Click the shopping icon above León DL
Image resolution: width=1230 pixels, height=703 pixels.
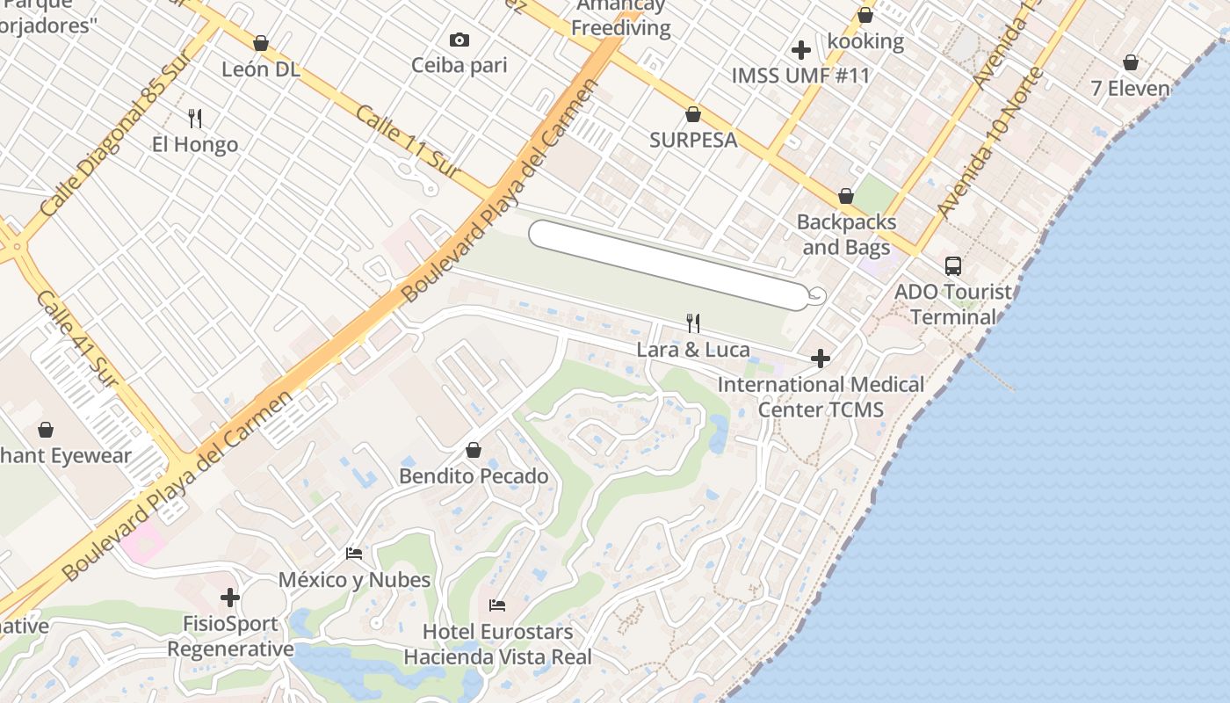260,43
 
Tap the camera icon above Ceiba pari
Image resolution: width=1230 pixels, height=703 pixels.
459,40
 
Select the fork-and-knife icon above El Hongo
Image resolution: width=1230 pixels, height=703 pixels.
195,118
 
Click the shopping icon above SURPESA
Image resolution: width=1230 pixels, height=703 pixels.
693,114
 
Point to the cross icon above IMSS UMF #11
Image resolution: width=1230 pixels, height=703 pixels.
800,50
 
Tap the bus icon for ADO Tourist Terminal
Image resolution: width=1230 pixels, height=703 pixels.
953,265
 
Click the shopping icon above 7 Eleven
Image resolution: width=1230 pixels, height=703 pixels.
1131,63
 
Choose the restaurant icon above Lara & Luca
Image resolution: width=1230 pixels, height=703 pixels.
693,323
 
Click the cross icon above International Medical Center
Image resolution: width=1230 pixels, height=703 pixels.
821,359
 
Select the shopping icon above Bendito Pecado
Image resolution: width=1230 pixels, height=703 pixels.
474,450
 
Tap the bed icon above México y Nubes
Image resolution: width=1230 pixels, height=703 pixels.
354,554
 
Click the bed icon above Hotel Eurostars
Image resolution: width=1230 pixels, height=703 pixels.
497,605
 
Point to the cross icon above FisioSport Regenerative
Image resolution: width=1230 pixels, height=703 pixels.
230,598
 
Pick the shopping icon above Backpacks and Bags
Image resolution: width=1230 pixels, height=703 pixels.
846,196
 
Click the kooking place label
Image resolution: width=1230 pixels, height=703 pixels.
865,41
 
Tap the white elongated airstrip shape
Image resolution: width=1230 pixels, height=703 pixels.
668,265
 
